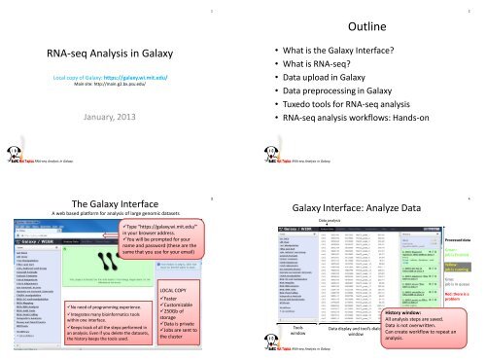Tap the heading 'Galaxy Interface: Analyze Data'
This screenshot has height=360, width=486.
[359, 209]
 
